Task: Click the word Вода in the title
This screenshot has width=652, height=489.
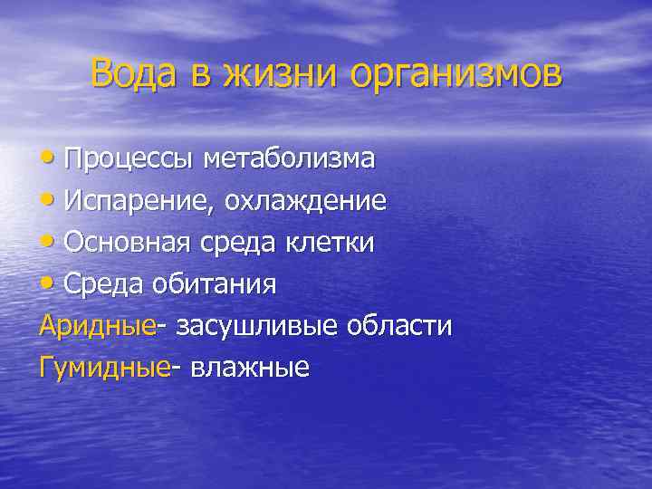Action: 136,73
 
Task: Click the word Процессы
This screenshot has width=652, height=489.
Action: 129,159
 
